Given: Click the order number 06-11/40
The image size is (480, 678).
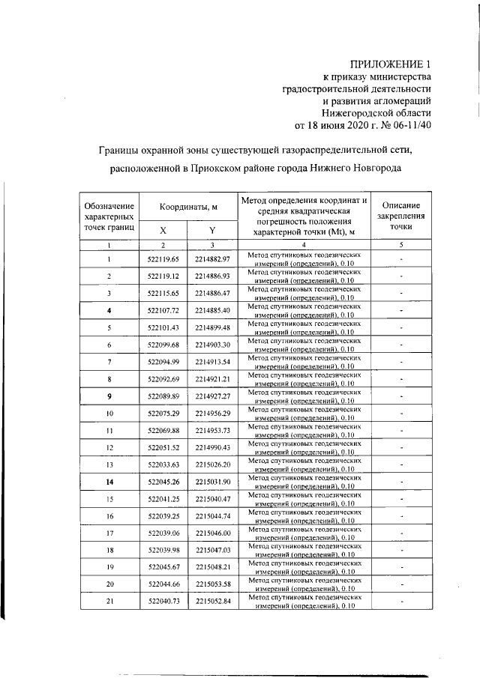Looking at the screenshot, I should [413, 125].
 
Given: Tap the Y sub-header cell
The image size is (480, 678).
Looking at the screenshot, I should [212, 231].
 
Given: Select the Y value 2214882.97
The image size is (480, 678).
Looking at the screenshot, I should [212, 259].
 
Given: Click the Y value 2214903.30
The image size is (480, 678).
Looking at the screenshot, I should [212, 345].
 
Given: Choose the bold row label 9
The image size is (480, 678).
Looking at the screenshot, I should [109, 396].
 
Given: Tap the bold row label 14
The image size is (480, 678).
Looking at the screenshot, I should [109, 482].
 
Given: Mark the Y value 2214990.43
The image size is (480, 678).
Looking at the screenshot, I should [212, 448].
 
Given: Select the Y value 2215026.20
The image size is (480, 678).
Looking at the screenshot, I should [212, 465].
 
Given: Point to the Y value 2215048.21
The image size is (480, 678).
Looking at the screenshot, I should [212, 568].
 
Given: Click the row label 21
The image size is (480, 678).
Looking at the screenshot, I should [109, 602].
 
